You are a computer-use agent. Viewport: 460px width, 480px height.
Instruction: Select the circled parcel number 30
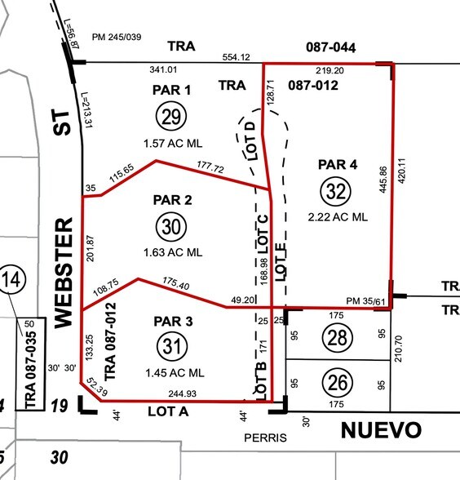coord(170,227)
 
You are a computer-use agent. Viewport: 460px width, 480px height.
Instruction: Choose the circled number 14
coord(12,282)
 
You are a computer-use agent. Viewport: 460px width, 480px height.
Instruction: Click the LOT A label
coord(168,413)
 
